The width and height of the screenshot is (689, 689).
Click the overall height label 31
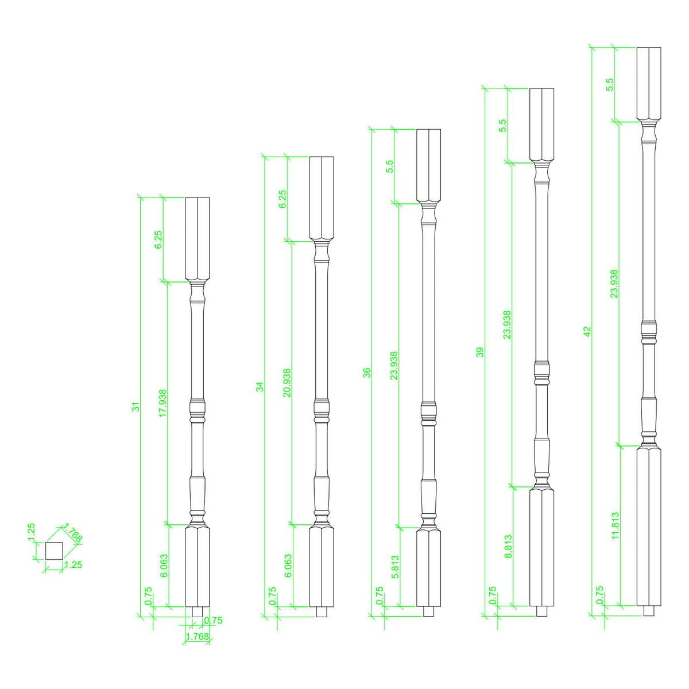click(136, 407)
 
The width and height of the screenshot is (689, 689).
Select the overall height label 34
click(260, 386)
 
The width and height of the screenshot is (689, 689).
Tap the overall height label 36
click(367, 372)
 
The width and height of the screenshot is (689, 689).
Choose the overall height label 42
click(587, 331)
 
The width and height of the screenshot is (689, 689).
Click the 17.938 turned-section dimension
click(163, 402)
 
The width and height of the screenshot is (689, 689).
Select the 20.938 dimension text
click(287, 383)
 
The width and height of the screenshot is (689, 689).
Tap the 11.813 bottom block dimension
click(616, 525)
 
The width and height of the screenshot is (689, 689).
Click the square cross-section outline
click(53, 551)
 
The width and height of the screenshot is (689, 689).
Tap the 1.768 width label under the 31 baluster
click(197, 637)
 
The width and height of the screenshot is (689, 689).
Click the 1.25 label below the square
click(72, 565)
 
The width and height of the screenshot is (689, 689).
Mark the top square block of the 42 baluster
click(649, 84)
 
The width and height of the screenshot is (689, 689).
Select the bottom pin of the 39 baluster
click(541, 611)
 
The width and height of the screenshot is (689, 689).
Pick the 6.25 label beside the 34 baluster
click(282, 199)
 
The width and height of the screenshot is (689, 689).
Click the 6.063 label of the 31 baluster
click(163, 567)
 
